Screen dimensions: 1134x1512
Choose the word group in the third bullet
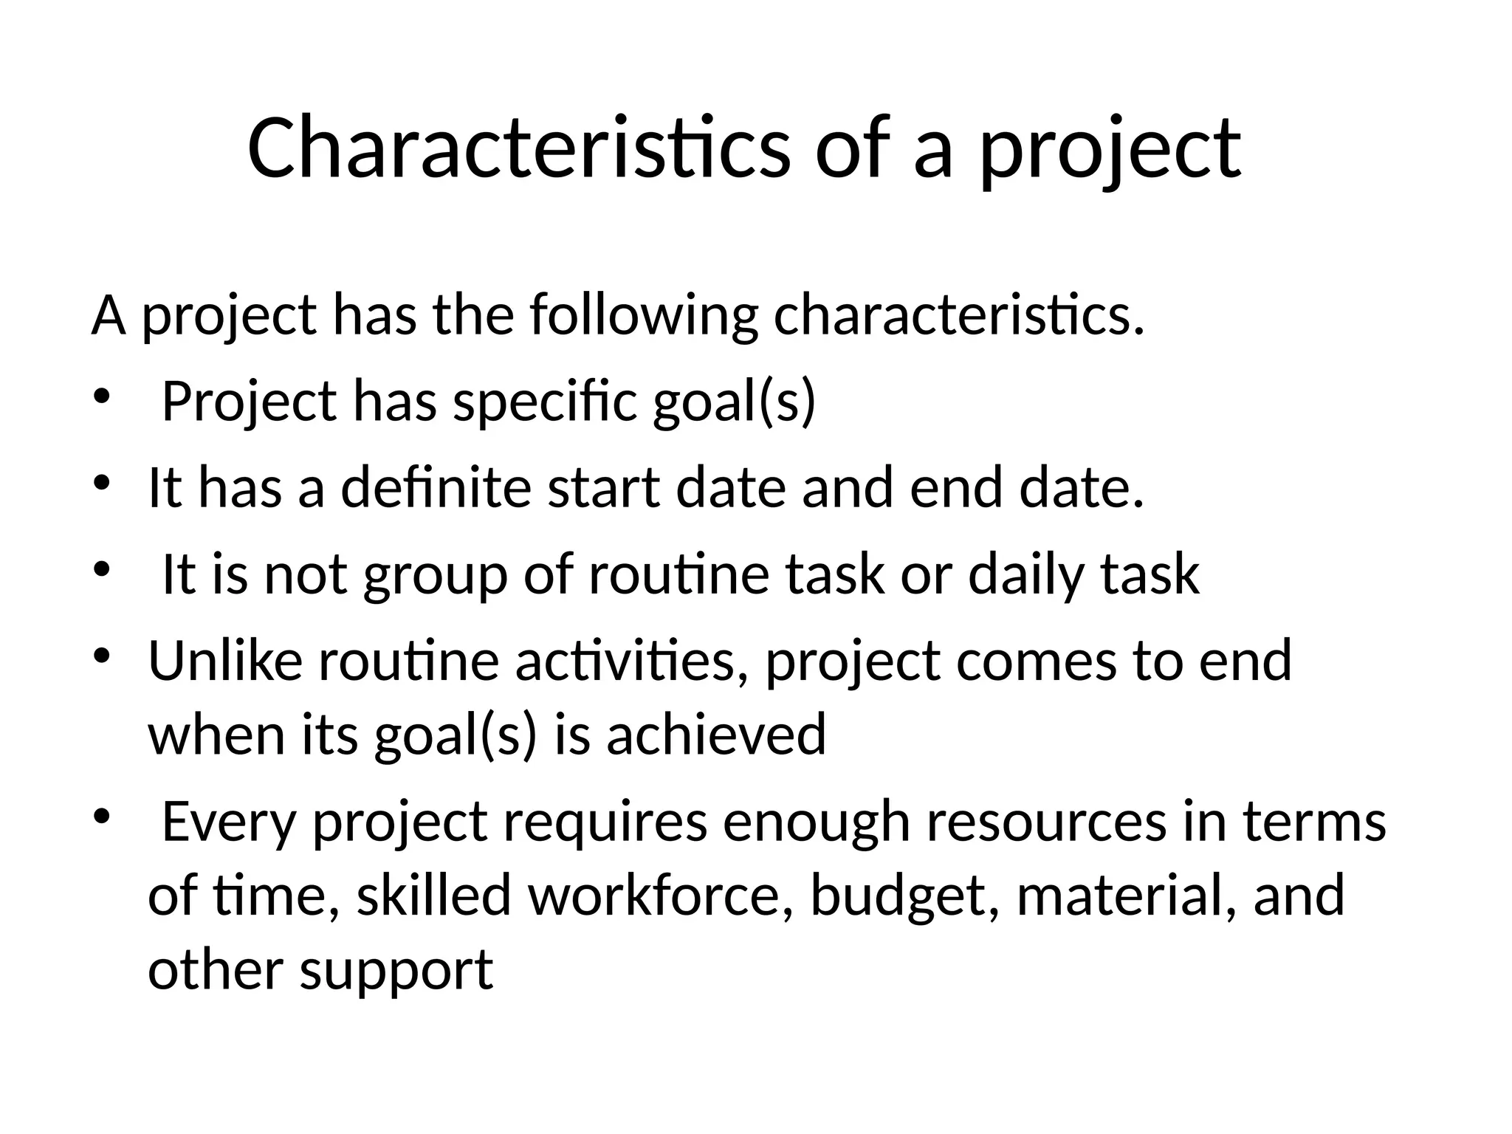[436, 576]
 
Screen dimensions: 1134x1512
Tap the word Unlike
[225, 661]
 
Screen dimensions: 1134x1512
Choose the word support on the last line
[396, 971]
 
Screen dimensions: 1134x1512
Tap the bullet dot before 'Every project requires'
[101, 817]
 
